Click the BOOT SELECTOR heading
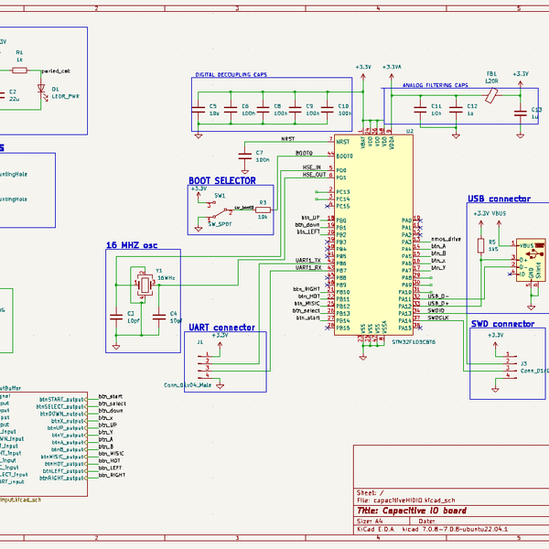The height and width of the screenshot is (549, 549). pyautogui.click(x=221, y=181)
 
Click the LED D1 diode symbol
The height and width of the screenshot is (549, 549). pyautogui.click(x=41, y=88)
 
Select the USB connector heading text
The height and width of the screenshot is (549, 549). pyautogui.click(x=499, y=199)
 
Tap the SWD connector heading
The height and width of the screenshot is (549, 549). pyautogui.click(x=502, y=324)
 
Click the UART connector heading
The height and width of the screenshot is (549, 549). pyautogui.click(x=221, y=327)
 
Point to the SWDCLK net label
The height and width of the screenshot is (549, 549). pyautogui.click(x=438, y=318)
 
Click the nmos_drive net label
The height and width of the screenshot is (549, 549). pyautogui.click(x=445, y=239)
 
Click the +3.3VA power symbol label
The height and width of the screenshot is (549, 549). pyautogui.click(x=392, y=67)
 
